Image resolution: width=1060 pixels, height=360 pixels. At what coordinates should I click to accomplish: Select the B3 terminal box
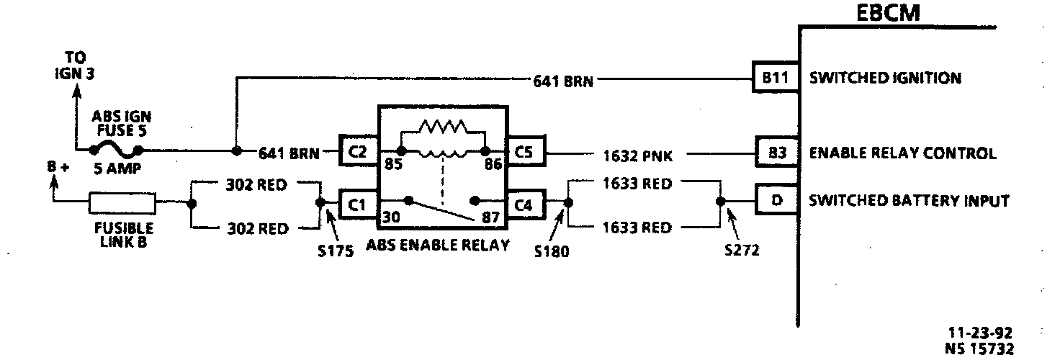(776, 153)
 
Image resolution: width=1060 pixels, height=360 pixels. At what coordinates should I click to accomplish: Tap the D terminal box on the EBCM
(776, 200)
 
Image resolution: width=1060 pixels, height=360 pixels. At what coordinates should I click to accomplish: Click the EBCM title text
(888, 13)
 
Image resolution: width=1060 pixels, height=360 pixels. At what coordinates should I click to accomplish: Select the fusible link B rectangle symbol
(122, 204)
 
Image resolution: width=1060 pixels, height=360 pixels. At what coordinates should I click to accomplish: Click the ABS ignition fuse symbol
(115, 150)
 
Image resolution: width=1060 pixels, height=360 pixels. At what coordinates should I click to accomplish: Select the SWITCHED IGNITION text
(885, 78)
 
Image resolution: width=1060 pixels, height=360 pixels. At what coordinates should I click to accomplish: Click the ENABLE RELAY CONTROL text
(903, 153)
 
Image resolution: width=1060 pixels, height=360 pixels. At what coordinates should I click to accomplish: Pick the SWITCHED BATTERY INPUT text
(909, 201)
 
